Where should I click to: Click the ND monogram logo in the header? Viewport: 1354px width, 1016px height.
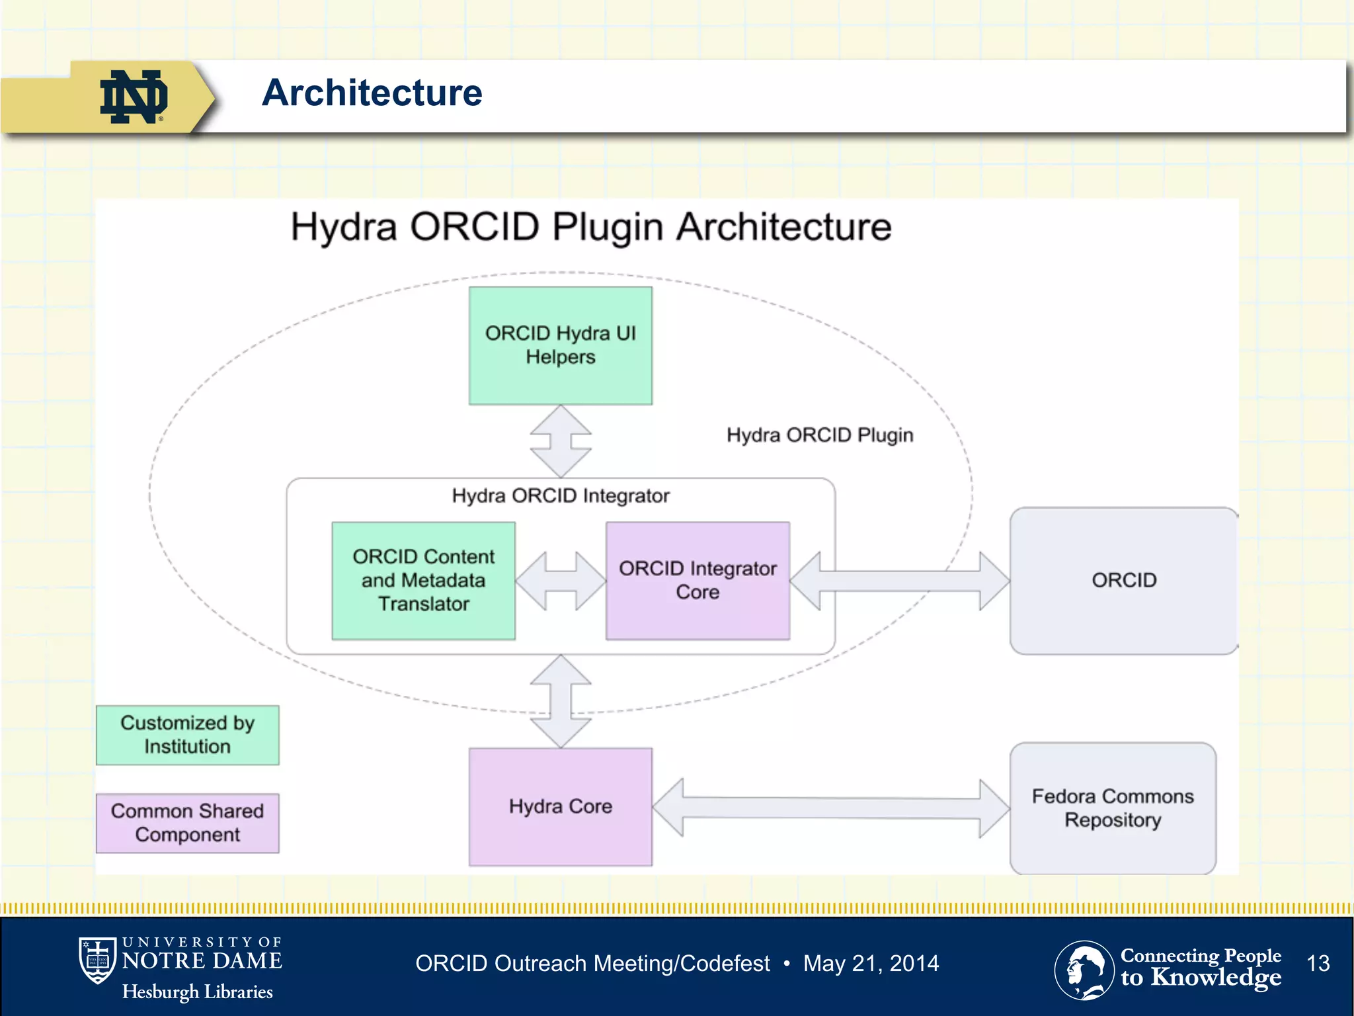tap(134, 97)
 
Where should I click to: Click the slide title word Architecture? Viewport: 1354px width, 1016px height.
tap(372, 93)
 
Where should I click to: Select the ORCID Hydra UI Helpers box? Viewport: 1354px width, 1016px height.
tap(560, 345)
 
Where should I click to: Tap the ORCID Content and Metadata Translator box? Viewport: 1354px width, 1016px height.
tap(423, 580)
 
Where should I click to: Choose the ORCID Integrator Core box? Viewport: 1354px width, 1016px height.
tap(697, 580)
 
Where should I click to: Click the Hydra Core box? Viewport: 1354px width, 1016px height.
tap(560, 806)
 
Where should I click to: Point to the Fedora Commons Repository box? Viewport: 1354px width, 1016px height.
tap(1113, 808)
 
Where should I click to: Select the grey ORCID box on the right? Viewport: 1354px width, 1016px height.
tap(1123, 580)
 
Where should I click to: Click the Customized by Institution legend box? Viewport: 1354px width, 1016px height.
tap(187, 735)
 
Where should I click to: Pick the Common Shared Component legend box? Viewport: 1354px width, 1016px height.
tap(187, 823)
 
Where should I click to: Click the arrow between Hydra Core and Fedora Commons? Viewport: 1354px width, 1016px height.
tap(830, 808)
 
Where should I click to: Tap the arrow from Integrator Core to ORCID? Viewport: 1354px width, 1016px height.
tap(899, 581)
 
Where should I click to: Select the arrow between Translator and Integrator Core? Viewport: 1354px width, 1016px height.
tap(561, 581)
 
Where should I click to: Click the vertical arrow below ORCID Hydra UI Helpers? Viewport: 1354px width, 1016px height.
tap(561, 441)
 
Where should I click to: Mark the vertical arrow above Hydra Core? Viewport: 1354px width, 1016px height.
tap(561, 701)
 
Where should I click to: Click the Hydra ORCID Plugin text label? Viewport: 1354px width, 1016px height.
tap(820, 435)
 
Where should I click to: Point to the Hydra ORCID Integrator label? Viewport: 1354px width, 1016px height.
tap(561, 495)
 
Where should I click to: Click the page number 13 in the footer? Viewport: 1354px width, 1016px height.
tap(1318, 963)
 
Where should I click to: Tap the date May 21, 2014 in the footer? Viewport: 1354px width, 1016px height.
tap(871, 963)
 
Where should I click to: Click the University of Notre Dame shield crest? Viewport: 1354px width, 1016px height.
tap(97, 960)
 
